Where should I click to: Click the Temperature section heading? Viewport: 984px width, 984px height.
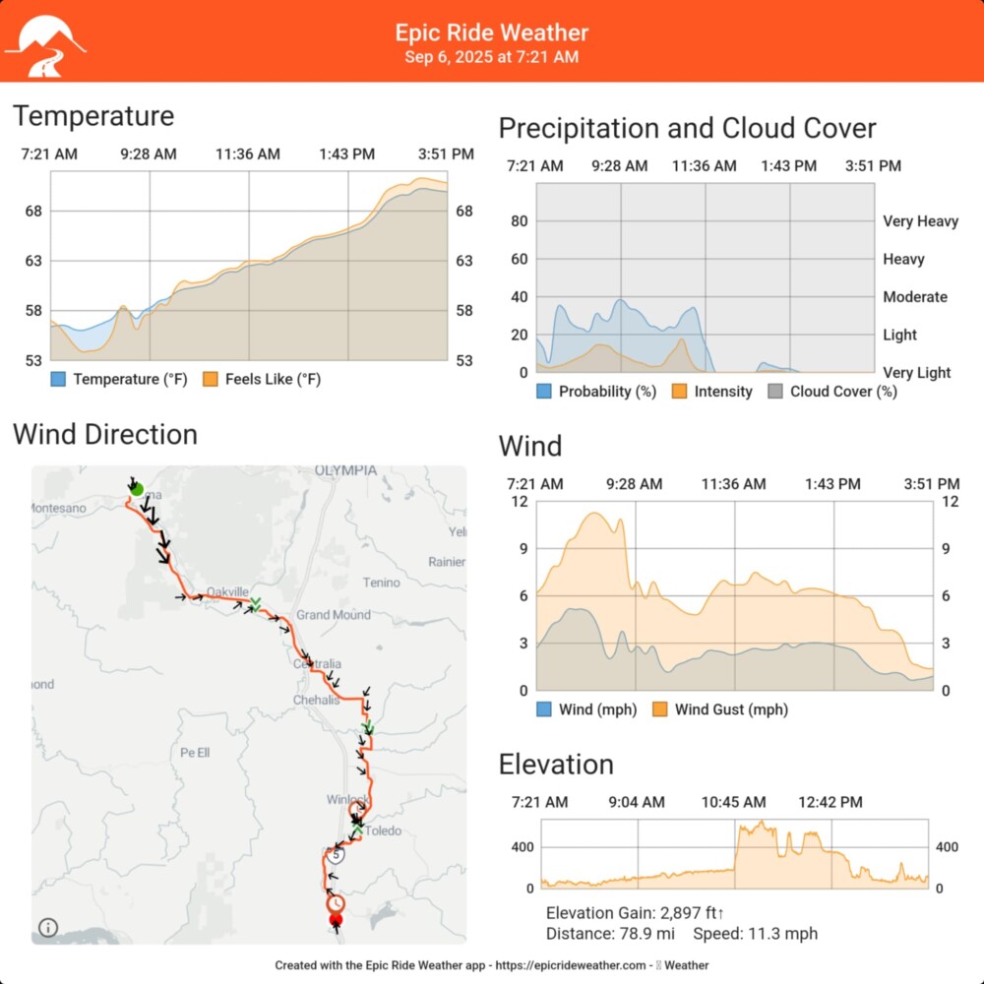tap(93, 116)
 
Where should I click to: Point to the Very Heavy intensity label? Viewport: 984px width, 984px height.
tap(920, 221)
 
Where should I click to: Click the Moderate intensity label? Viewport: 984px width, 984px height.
tap(915, 297)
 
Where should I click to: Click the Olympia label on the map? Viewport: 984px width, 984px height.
tap(345, 471)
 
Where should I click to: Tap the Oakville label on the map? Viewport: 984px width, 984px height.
tap(227, 592)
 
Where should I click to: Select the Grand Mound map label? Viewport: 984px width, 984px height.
tap(334, 615)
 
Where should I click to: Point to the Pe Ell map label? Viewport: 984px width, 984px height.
tap(195, 753)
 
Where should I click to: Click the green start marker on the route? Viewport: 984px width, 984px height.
tap(137, 489)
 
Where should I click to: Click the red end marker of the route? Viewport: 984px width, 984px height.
tap(336, 919)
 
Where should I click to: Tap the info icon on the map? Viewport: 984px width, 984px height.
tap(48, 927)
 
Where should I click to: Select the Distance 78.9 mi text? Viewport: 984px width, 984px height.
tap(609, 934)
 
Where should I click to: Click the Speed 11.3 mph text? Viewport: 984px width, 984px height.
tap(755, 934)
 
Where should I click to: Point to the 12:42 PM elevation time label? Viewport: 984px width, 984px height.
tap(830, 803)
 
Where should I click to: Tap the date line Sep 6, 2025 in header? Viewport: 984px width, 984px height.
tap(491, 57)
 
